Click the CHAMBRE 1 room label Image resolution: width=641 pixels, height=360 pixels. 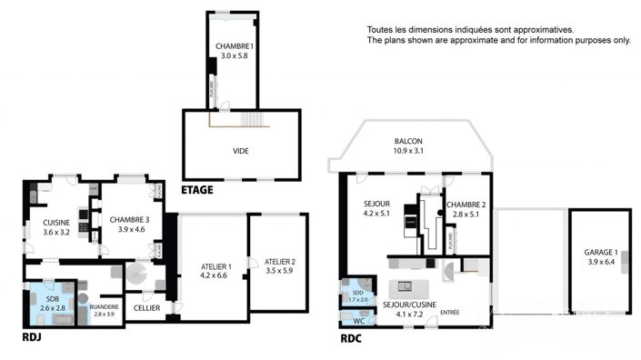(234, 46)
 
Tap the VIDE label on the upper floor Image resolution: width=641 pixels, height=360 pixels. (240, 151)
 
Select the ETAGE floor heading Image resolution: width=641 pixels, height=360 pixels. (197, 190)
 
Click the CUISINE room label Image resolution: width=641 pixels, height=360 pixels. (56, 223)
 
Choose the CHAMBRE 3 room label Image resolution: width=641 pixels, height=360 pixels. (129, 220)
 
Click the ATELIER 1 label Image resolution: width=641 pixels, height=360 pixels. (215, 266)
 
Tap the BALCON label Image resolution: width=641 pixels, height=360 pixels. (406, 141)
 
